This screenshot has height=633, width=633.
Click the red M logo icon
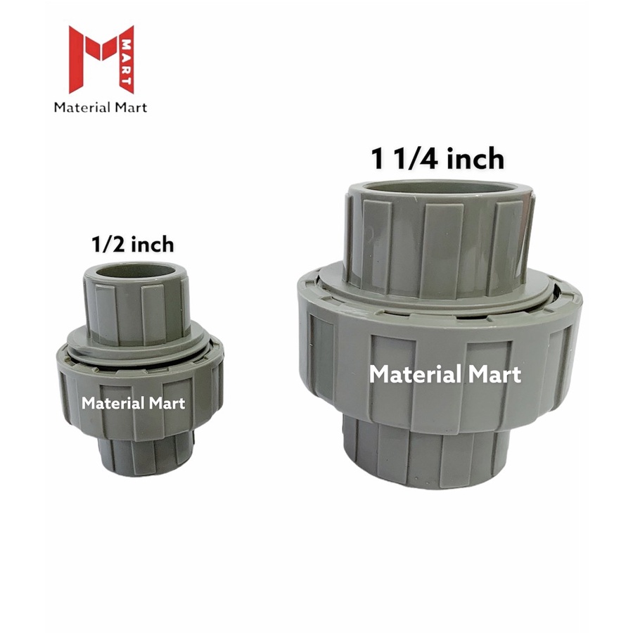101,59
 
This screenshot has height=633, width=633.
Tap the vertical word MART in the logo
127,61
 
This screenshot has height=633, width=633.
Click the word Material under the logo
82,108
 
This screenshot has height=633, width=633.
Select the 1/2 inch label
133,245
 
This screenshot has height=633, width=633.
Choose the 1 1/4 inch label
437,159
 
